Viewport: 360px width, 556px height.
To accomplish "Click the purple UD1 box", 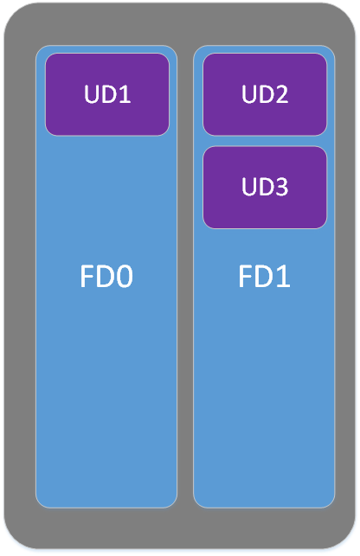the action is tap(106, 94).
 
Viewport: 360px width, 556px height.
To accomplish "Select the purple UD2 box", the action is tap(265, 94).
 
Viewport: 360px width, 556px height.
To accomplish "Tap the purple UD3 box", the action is tap(265, 188).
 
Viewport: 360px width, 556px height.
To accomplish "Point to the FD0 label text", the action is tap(106, 276).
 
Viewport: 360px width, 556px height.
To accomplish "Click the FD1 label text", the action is tap(264, 276).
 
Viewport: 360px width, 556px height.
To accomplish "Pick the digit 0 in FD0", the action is tap(125, 276).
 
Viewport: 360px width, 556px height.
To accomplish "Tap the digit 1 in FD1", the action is tap(283, 276).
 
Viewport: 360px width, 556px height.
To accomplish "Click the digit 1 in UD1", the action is tap(125, 94).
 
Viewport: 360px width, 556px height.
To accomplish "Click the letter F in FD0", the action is tap(87, 276).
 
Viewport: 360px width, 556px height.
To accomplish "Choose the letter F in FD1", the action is tap(245, 276).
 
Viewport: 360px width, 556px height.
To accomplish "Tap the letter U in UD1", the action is tap(91, 94).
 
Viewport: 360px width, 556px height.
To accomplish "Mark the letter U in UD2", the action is tap(248, 94).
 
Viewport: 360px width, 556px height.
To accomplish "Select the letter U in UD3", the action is tap(248, 187).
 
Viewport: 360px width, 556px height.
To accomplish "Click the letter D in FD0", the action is tap(106, 276).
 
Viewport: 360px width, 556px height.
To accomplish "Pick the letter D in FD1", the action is tap(263, 276).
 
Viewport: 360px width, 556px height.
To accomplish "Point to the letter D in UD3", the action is tap(266, 187).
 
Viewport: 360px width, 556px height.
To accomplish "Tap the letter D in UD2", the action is tap(266, 94).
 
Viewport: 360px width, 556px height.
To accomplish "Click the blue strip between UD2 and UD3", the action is tap(265, 141).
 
